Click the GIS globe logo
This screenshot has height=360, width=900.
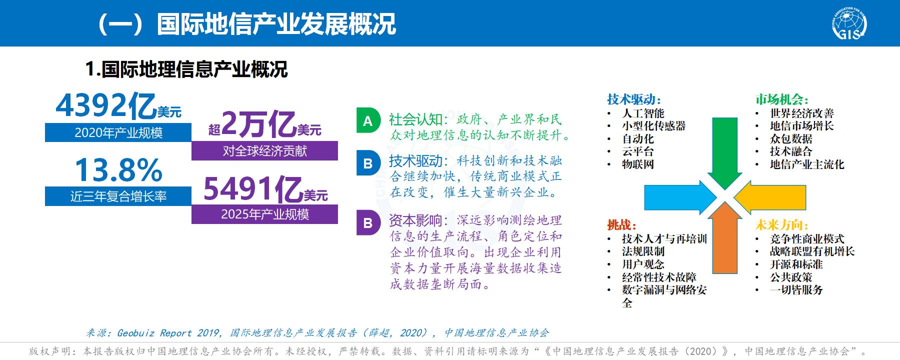click(849, 23)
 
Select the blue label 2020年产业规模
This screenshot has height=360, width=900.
click(118, 132)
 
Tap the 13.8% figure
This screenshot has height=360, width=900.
click(118, 170)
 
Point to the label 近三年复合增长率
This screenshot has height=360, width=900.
click(118, 196)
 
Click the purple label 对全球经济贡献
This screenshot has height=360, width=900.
click(264, 150)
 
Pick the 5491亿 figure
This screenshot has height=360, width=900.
click(252, 189)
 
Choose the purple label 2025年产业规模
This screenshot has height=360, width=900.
click(264, 214)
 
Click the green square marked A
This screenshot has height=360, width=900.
click(368, 121)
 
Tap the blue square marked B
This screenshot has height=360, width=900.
click(368, 164)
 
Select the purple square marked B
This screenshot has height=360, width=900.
click(368, 222)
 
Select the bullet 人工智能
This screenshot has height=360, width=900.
click(643, 113)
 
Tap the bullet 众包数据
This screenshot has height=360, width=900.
click(791, 139)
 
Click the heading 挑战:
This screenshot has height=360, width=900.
click(621, 225)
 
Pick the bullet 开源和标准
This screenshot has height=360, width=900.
click(796, 264)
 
